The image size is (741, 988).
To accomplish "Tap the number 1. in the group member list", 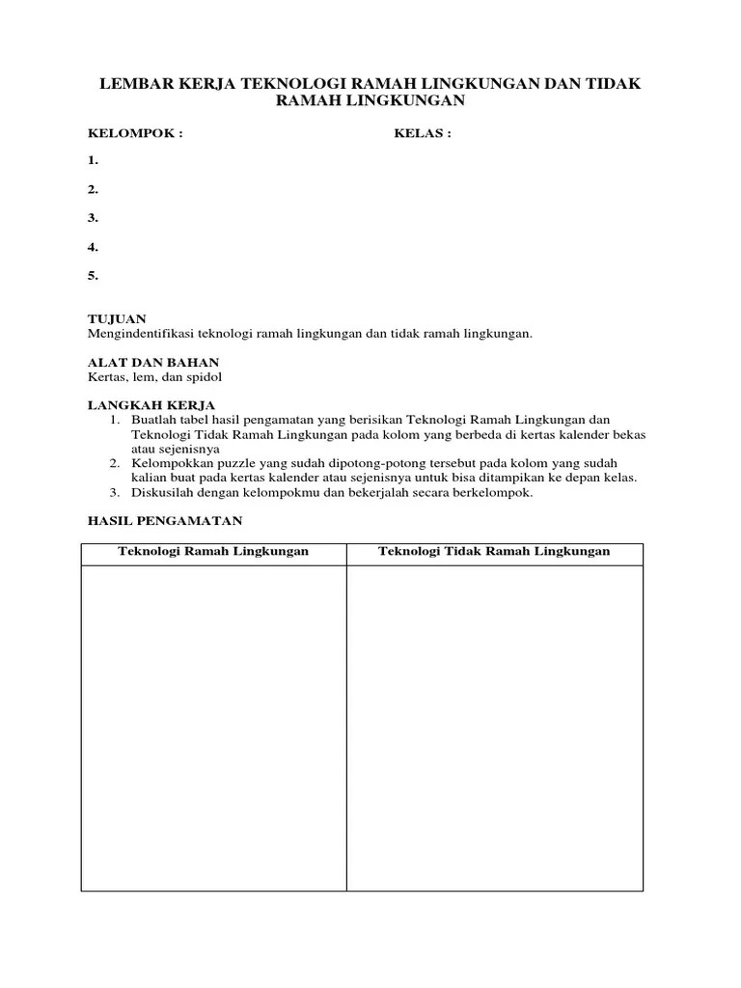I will [93, 160].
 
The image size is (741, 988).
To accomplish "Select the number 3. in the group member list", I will [93, 218].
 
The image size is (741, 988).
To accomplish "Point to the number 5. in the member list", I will [93, 276].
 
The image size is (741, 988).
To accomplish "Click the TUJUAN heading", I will [117, 318].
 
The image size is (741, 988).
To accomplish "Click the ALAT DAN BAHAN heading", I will [147, 362].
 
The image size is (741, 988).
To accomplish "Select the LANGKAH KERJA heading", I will [151, 405].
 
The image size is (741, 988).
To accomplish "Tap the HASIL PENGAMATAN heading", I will [164, 520].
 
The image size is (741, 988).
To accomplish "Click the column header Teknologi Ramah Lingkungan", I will [213, 552].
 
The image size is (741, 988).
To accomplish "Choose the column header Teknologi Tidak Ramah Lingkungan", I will [494, 552].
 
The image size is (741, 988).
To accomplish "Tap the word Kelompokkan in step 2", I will [170, 463].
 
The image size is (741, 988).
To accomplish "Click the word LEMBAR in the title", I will [137, 86].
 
